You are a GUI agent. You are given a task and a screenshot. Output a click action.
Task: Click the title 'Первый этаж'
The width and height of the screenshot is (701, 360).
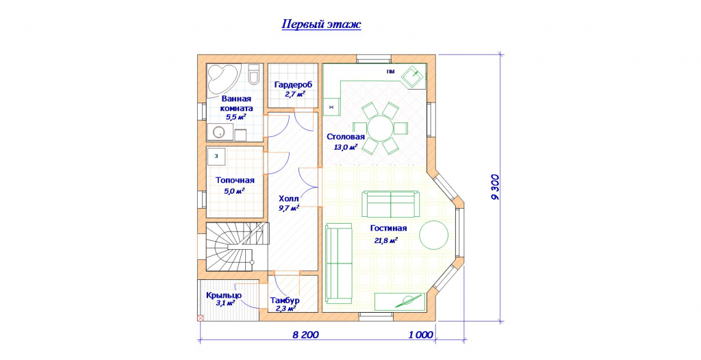321,24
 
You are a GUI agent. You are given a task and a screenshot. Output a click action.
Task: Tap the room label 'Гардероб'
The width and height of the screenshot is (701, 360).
293,84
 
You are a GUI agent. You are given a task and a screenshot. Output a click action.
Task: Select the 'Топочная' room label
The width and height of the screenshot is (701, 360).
235,180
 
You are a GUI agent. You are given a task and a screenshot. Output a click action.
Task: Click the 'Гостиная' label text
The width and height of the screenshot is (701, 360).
389,229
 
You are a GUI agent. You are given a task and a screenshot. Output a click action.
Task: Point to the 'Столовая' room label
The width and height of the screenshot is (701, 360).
346,137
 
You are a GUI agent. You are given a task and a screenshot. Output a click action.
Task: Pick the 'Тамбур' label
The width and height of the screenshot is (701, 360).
285,300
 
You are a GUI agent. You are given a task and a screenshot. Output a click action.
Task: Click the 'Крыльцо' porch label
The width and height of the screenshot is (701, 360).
224,296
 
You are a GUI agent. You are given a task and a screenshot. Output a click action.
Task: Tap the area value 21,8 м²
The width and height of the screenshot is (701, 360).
386,241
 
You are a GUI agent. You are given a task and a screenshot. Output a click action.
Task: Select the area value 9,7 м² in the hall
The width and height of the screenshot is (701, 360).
288,208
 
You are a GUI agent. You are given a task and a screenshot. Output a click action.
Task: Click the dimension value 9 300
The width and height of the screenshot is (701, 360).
496,186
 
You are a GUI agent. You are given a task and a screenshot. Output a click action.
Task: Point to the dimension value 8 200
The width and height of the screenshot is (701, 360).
306,335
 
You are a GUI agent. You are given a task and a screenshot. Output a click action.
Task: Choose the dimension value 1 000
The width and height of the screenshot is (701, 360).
421,335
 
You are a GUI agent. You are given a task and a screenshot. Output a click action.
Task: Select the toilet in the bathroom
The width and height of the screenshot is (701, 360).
253,75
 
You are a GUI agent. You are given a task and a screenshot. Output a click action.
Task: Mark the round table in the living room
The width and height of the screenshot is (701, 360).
433,235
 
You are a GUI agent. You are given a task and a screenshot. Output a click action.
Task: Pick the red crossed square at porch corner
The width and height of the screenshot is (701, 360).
200,318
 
